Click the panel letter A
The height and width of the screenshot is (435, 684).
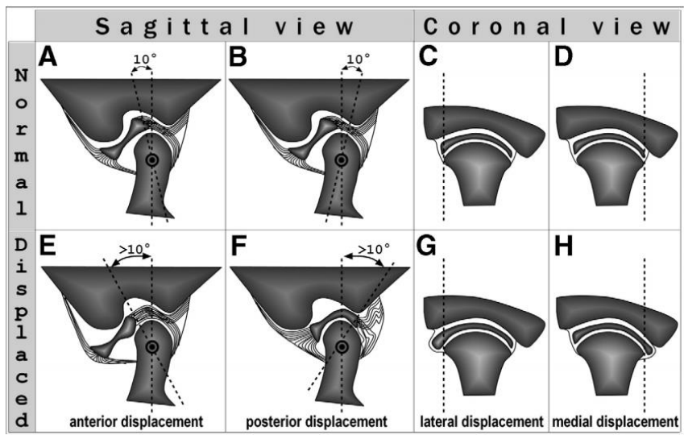point(48,56)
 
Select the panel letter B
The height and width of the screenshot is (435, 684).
point(238,56)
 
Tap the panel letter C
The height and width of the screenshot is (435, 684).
point(428,56)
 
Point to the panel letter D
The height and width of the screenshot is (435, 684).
point(563,56)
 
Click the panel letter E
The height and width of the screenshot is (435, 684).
point(47,246)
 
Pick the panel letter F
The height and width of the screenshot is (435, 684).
point(238,246)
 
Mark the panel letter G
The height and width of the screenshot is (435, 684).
point(427,246)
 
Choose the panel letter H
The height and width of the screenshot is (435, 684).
point(564,246)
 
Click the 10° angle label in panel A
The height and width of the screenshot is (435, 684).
point(144,59)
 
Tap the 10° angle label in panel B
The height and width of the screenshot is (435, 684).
point(358,59)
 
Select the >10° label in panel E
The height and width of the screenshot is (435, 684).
point(135,249)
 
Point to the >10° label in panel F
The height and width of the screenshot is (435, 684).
point(374,249)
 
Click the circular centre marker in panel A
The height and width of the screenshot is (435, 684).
point(151,160)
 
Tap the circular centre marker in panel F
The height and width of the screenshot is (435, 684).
point(342,347)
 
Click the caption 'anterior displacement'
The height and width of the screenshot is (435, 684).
point(136,422)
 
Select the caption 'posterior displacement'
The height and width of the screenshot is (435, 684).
point(317,422)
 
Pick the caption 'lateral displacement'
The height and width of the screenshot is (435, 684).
point(482,422)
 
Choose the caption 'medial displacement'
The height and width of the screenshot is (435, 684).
point(615,422)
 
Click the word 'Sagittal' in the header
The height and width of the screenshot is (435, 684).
point(172,27)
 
